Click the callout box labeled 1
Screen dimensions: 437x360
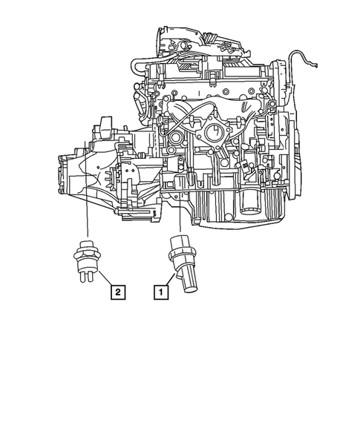[160, 292]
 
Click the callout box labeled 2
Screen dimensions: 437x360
[118, 292]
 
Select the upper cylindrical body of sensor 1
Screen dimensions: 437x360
[180, 243]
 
